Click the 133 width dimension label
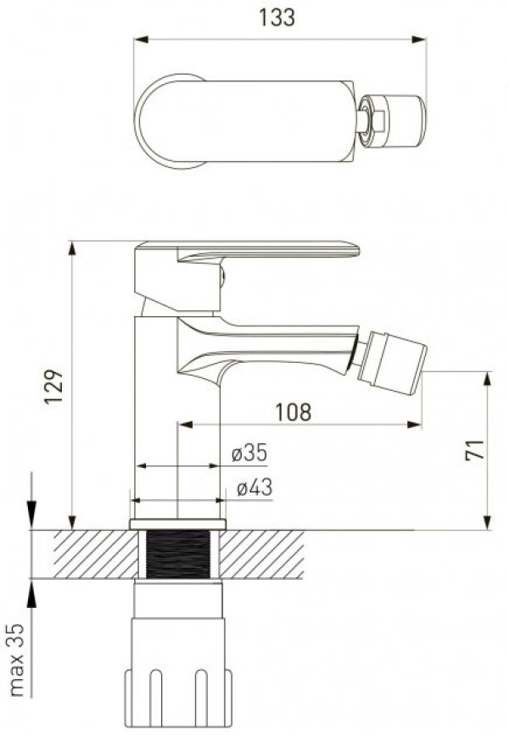click(277, 17)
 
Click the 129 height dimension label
click(54, 387)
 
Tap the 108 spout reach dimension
click(293, 412)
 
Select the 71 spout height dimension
click(474, 450)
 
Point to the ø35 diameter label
click(249, 454)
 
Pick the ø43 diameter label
click(255, 487)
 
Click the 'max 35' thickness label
click(16, 660)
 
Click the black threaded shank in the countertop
click(178, 554)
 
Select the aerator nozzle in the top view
click(393, 121)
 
